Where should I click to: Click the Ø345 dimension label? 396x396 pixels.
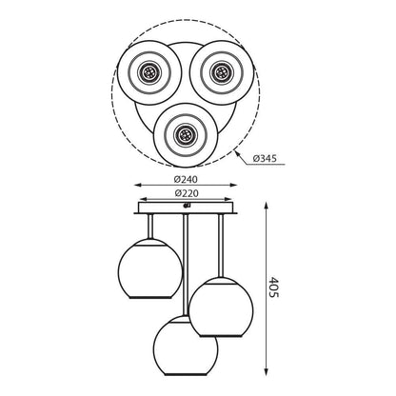[265, 158]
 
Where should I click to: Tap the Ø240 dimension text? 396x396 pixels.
[186, 179]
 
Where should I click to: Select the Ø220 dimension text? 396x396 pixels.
[187, 193]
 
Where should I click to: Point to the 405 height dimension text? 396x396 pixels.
[273, 287]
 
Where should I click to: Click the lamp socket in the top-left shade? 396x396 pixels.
[149, 72]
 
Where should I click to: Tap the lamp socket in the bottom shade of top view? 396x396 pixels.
[186, 135]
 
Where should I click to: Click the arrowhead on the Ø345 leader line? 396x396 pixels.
[236, 153]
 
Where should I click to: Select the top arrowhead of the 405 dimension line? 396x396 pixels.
[267, 206]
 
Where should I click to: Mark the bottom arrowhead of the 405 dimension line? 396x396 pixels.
[267, 372]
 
